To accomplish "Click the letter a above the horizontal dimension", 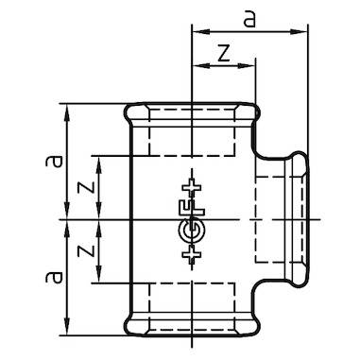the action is point(249,19).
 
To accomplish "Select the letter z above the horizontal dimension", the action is point(224,53).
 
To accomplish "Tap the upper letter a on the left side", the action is point(54,161).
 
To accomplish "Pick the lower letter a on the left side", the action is point(54,277).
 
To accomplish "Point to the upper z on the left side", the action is point(86,187).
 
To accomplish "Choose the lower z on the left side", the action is point(86,250).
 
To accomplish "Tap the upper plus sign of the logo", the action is point(192,188).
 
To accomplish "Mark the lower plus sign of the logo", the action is point(192,254).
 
